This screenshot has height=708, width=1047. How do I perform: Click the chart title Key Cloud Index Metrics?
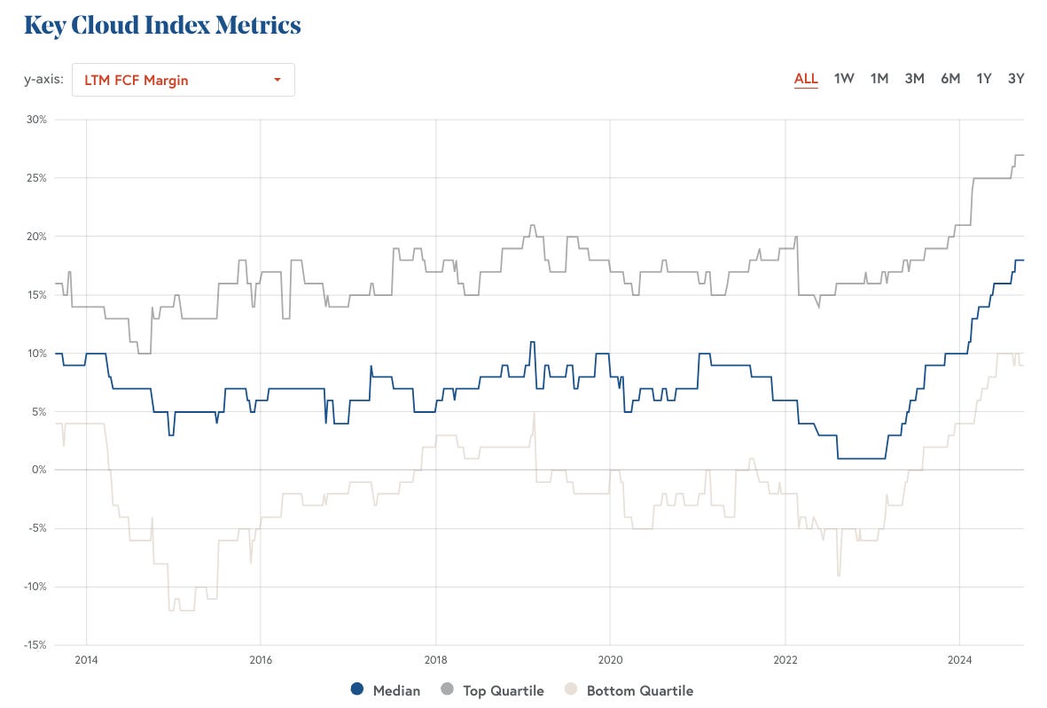pyautogui.click(x=162, y=25)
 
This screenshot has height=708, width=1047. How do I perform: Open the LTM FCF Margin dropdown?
pyautogui.click(x=183, y=80)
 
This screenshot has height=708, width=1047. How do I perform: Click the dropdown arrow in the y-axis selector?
pyautogui.click(x=277, y=80)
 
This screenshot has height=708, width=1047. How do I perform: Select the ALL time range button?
pyautogui.click(x=806, y=78)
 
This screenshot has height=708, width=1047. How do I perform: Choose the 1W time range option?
pyautogui.click(x=844, y=78)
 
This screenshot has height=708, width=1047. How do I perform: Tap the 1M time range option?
pyautogui.click(x=879, y=78)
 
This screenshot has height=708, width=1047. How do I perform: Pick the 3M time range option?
pyautogui.click(x=914, y=78)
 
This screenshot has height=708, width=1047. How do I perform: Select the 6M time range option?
pyautogui.click(x=950, y=78)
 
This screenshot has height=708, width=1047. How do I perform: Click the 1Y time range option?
pyautogui.click(x=984, y=78)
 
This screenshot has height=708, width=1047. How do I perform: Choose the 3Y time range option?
pyautogui.click(x=1016, y=78)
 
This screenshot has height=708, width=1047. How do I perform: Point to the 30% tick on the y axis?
pyautogui.click(x=36, y=119)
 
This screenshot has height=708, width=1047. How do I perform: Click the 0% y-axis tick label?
pyautogui.click(x=39, y=470)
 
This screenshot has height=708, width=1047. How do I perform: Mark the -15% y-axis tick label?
pyautogui.click(x=35, y=645)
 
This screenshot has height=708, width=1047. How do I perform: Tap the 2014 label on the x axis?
pyautogui.click(x=86, y=660)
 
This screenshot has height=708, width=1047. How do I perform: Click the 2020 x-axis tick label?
pyautogui.click(x=610, y=660)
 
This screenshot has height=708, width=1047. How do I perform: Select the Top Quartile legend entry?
pyautogui.click(x=493, y=690)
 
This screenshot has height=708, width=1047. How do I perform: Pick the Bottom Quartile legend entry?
pyautogui.click(x=629, y=690)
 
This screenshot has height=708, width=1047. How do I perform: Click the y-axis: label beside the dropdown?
pyautogui.click(x=43, y=80)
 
